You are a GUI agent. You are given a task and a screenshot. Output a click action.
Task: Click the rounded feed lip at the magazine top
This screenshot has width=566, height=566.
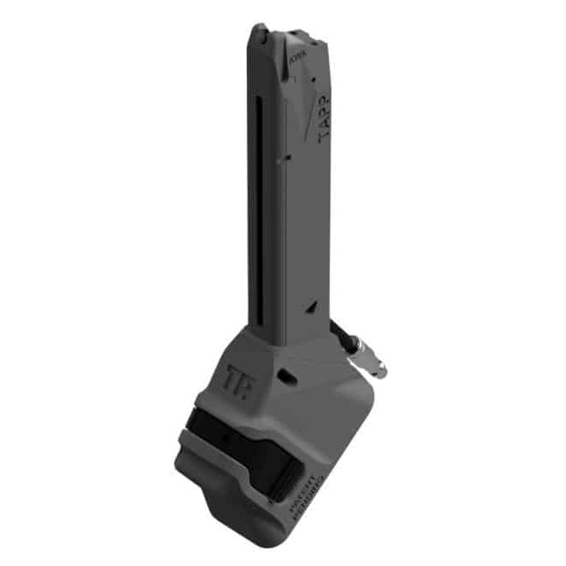pyautogui.click(x=260, y=35)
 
